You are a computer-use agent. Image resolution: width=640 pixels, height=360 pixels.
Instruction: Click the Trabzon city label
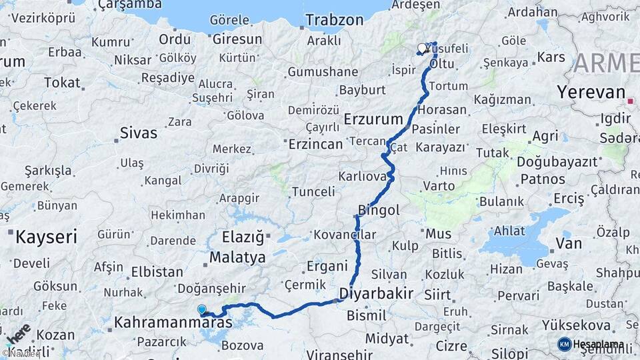pyautogui.click(x=335, y=19)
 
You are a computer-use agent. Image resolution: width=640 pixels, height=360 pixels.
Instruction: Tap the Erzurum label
pyautogui.click(x=374, y=119)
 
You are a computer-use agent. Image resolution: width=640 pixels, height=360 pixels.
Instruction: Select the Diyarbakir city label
pyautogui.click(x=377, y=293)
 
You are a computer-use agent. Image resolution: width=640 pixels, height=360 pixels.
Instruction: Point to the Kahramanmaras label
pyautogui.click(x=173, y=323)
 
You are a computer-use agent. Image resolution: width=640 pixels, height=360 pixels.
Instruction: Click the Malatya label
pyautogui.click(x=237, y=257)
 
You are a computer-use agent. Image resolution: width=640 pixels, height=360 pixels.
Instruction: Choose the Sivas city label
pyautogui.click(x=139, y=132)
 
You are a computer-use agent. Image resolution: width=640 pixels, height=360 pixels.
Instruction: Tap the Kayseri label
pyautogui.click(x=47, y=236)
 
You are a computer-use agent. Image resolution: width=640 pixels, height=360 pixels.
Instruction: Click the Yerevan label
pyautogui.click(x=592, y=92)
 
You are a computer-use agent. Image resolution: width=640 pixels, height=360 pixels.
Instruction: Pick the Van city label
pyautogui.click(x=569, y=243)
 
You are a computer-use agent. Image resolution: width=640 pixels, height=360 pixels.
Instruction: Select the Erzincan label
pyautogui.click(x=315, y=143)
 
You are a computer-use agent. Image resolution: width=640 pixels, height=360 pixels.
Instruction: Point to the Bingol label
pyautogui.click(x=379, y=210)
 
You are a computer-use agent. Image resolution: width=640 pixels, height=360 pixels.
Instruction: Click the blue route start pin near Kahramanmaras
pyautogui.click(x=202, y=309)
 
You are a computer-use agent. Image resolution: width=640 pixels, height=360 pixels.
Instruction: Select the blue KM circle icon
pyautogui.click(x=564, y=344)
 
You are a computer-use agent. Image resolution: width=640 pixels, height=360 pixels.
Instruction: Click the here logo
pyautogui.click(x=19, y=335)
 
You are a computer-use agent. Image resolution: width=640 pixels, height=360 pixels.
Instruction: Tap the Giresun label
pyautogui.click(x=239, y=39)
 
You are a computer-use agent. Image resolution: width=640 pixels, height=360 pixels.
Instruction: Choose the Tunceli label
pyautogui.click(x=313, y=192)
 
